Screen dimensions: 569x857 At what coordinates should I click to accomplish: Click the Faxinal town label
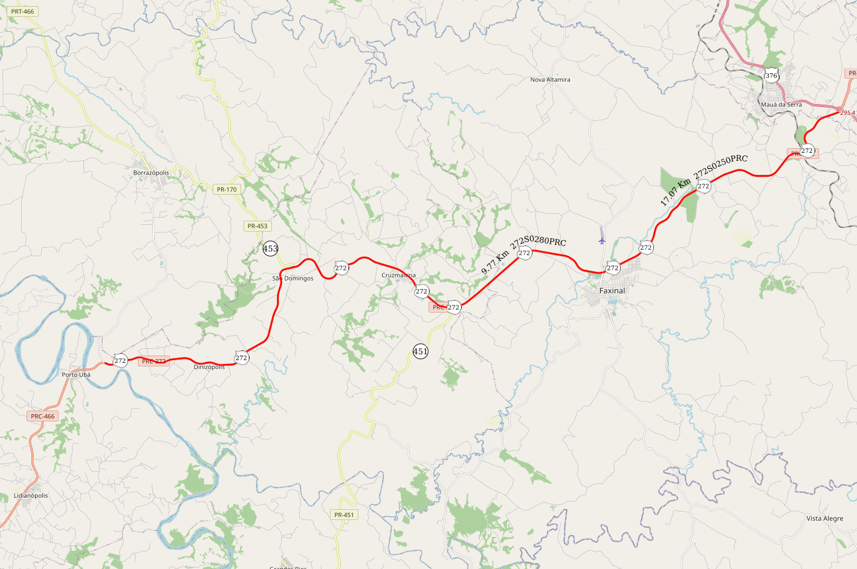612,291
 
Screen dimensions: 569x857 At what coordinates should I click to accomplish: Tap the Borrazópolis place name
151,173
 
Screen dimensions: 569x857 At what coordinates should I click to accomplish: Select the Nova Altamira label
550,80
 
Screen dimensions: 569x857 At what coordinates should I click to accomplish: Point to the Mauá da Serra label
781,105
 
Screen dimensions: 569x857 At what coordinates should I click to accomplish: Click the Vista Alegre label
824,518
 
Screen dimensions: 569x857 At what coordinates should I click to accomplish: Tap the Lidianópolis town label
31,495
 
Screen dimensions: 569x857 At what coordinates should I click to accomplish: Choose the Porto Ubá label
76,375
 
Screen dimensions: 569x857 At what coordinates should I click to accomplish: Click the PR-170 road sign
227,189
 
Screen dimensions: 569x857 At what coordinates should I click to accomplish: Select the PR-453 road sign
257,226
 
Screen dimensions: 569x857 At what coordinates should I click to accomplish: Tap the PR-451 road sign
344,515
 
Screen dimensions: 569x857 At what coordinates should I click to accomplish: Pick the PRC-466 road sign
43,416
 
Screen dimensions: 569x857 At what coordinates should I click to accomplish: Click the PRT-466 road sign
22,11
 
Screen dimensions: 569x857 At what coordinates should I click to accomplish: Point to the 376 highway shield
771,76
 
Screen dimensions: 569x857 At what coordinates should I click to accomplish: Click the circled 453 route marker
270,249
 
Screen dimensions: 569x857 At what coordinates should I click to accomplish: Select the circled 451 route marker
421,351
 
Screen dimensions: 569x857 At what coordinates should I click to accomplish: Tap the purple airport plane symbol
601,240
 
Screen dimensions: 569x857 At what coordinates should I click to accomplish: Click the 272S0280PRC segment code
538,242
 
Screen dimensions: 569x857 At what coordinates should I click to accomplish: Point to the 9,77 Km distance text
494,263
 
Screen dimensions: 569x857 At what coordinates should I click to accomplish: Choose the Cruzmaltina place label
398,275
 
